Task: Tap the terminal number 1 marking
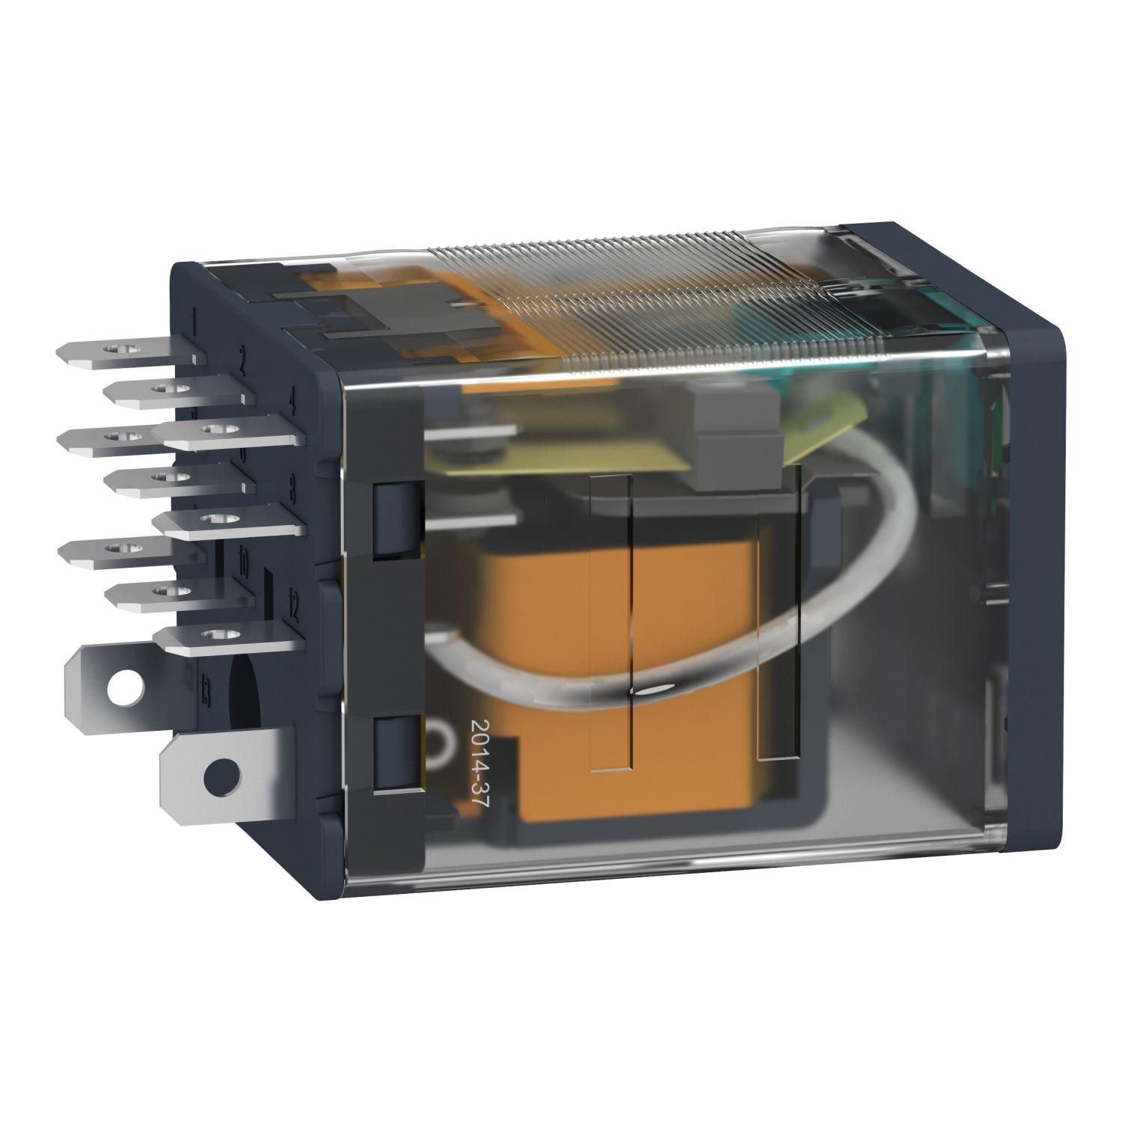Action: [x=194, y=324]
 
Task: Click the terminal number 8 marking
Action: [x=292, y=490]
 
